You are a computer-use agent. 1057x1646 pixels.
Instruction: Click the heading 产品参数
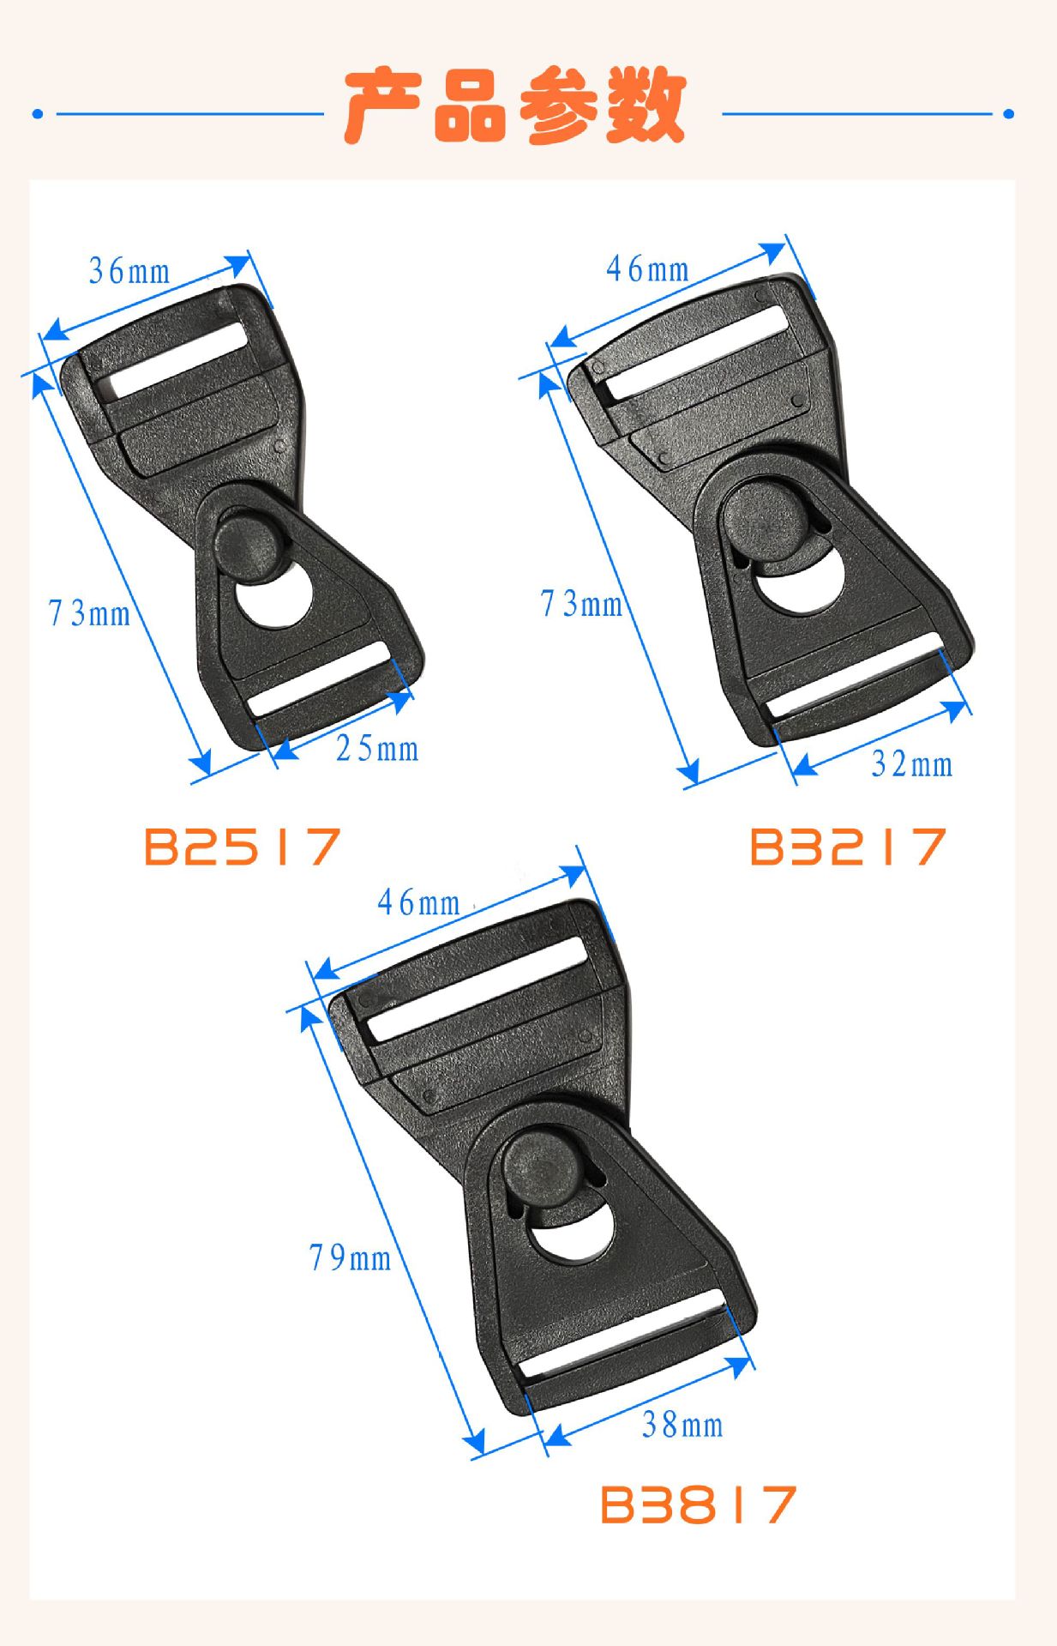[x=514, y=107]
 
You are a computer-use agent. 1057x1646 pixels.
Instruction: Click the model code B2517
[x=243, y=847]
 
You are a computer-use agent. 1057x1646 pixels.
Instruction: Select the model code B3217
[x=848, y=847]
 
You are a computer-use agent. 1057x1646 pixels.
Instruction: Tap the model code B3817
[x=698, y=1504]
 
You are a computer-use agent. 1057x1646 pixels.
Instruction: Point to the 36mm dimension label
[x=129, y=271]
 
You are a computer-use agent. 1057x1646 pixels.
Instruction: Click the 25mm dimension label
[x=377, y=749]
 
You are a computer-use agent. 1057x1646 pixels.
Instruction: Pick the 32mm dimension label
[x=912, y=763]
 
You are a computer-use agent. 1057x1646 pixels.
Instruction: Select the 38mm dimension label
[x=682, y=1425]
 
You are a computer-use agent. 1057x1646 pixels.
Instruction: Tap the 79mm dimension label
[x=350, y=1257]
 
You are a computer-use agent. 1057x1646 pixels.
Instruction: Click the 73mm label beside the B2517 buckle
[x=89, y=613]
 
